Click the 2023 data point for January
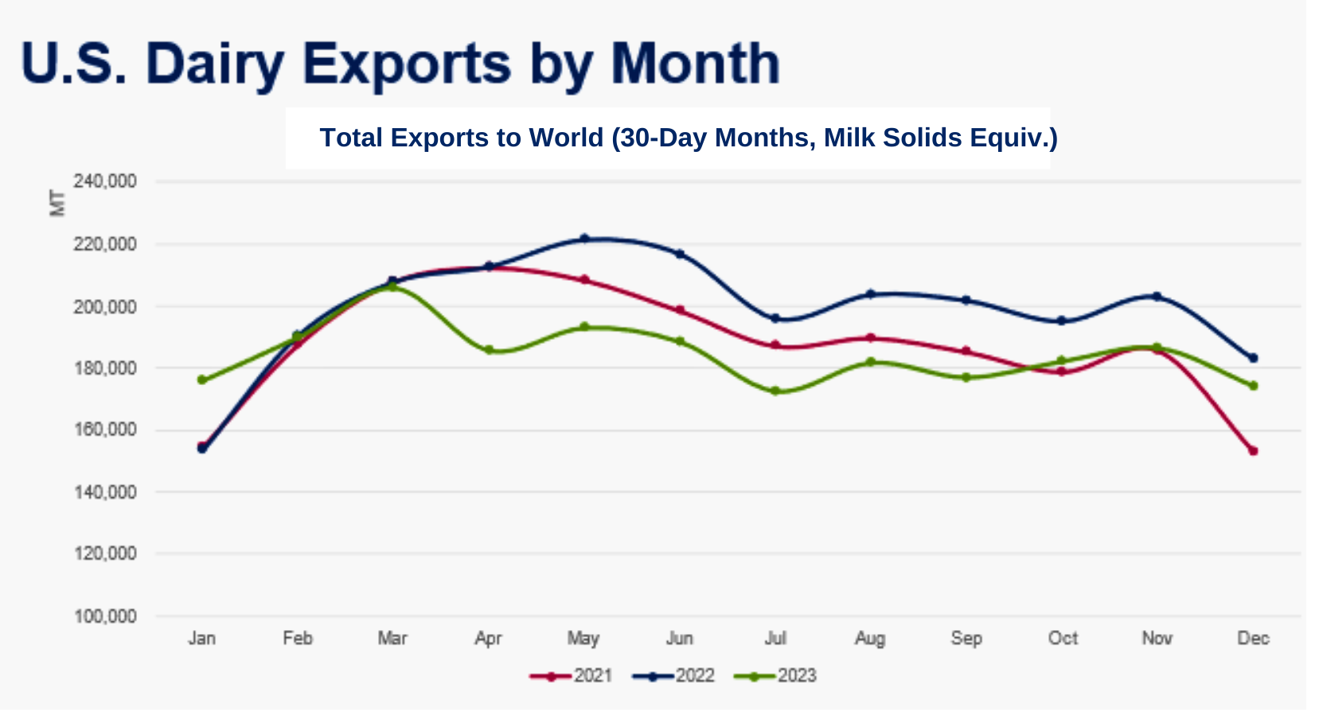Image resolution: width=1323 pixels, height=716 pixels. pos(202,380)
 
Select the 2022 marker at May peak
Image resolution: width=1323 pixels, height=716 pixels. pos(584,239)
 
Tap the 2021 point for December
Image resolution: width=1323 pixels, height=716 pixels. pos(1253,451)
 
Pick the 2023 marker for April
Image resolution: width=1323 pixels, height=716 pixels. pos(489,350)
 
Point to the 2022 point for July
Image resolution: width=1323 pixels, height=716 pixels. pos(775,318)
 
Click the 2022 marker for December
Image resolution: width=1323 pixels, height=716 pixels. pos(1253,358)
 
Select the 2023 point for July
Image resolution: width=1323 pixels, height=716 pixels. pos(775,391)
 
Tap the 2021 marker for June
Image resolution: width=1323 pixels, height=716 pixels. pos(680,310)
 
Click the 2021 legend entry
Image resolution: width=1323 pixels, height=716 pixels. pos(571,676)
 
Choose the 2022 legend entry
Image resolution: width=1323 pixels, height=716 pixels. pos(674,676)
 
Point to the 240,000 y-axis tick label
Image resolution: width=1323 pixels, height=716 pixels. pos(105,181)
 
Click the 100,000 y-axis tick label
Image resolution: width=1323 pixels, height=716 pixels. pos(105,617)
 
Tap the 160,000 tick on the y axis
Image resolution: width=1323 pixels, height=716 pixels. pos(105,430)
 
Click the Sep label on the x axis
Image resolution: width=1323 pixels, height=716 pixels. pos(966,638)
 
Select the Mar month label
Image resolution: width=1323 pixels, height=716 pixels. pos(392,638)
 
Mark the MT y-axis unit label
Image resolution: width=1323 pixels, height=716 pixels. pos(57,203)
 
